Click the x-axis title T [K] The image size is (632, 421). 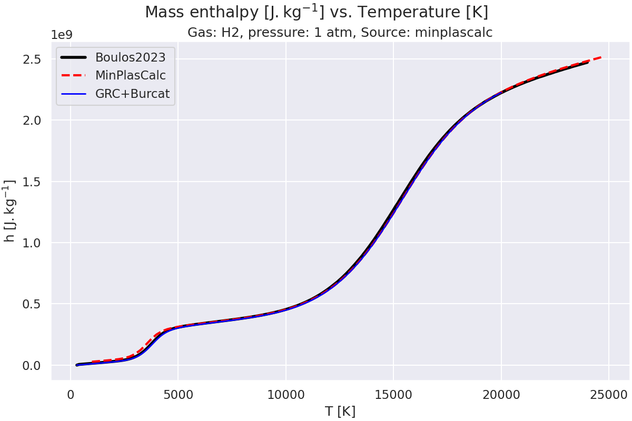pyautogui.click(x=340, y=412)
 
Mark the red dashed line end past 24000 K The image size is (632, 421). pyautogui.click(x=600, y=57)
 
